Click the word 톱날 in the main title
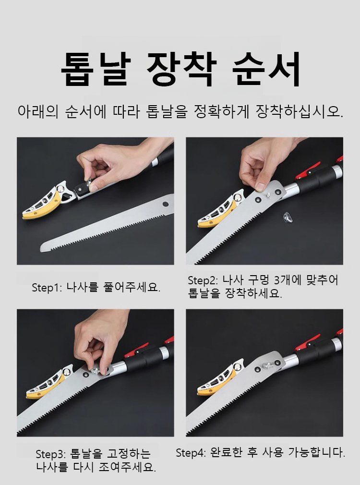[x=96, y=69]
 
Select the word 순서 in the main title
[x=266, y=69]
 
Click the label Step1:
[x=47, y=288]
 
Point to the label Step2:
[x=203, y=280]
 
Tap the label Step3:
[x=51, y=454]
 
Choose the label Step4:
[x=191, y=453]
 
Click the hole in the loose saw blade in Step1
[x=166, y=204]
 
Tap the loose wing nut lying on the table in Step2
[x=288, y=217]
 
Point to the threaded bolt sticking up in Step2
[x=268, y=195]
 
